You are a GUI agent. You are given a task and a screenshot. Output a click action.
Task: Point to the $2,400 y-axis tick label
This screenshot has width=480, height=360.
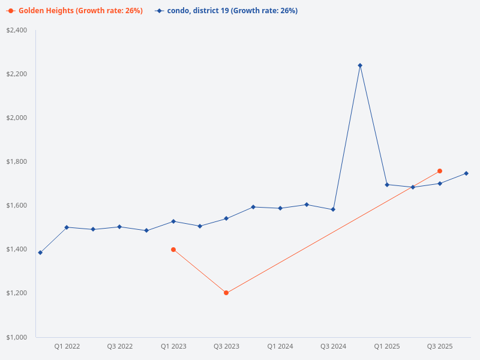[16, 30]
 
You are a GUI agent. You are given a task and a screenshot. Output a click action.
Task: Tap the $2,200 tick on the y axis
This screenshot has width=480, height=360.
[16, 74]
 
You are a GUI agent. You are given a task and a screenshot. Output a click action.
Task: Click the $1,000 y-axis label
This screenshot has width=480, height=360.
[16, 337]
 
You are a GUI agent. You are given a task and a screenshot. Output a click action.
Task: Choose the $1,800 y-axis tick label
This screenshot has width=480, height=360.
[16, 161]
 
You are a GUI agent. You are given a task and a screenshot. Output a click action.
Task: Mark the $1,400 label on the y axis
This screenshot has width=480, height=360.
[16, 249]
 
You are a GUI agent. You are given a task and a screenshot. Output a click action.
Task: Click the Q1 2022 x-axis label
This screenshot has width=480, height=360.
[67, 346]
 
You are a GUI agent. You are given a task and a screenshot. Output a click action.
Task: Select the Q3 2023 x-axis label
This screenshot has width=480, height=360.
[226, 346]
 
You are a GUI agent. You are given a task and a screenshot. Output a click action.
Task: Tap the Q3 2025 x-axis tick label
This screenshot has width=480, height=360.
[440, 346]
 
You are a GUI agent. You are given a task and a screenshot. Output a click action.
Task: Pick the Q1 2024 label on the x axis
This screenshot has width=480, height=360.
[280, 346]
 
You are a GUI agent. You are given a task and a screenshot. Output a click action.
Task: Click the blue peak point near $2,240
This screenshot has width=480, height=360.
[360, 65]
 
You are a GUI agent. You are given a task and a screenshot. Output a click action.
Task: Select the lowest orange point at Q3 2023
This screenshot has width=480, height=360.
[226, 293]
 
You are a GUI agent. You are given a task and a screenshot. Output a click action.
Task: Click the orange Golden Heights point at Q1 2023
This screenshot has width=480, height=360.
[173, 250]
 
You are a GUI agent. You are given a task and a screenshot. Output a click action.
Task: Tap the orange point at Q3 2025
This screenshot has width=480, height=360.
[440, 171]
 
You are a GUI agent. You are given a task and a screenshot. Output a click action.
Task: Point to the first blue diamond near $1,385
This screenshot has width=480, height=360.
[40, 253]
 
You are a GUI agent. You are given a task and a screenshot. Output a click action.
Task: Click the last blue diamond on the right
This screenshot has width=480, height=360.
[466, 173]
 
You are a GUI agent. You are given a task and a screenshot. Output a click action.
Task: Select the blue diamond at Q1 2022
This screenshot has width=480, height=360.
[67, 227]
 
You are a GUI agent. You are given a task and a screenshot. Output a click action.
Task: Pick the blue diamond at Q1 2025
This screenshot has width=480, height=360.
[387, 185]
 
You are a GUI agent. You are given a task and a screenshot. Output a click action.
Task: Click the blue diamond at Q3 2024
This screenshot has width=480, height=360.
[333, 209]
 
